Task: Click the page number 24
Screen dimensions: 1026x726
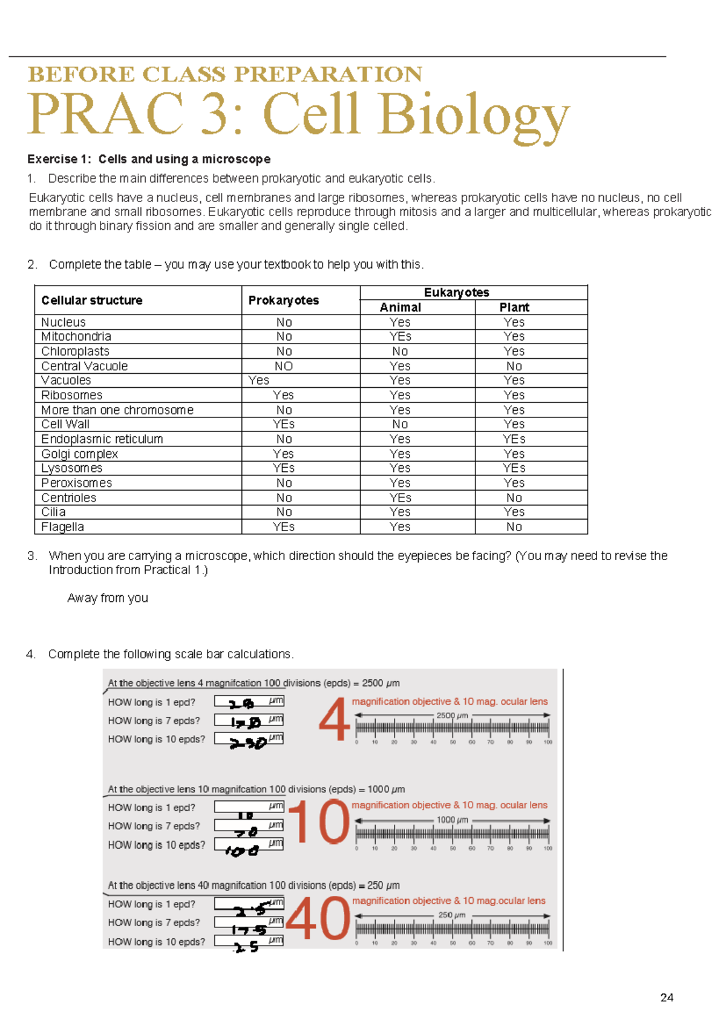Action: tap(667, 998)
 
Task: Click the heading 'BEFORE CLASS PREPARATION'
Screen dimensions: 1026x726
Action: tap(225, 74)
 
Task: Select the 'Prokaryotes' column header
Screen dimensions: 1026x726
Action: tap(283, 300)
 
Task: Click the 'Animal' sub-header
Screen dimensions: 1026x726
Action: tap(400, 307)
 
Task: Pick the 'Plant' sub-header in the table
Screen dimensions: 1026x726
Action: tap(514, 307)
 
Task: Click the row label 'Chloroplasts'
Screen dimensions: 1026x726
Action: tap(75, 351)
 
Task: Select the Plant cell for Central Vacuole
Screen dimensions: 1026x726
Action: tap(514, 366)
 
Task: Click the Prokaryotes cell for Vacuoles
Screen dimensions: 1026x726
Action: tap(259, 381)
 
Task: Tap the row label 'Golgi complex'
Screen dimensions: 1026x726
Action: tap(79, 454)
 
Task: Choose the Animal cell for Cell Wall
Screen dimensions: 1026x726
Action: tap(400, 425)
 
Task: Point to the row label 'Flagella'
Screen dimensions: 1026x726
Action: tap(62, 527)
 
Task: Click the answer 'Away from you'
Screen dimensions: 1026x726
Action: tap(108, 598)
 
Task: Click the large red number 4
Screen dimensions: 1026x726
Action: tap(334, 719)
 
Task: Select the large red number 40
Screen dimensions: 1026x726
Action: tap(318, 918)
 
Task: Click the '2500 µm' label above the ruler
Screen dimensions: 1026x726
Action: tap(452, 715)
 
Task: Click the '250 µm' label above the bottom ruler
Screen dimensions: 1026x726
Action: tap(451, 915)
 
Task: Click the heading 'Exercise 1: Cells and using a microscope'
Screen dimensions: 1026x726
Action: tap(149, 159)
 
